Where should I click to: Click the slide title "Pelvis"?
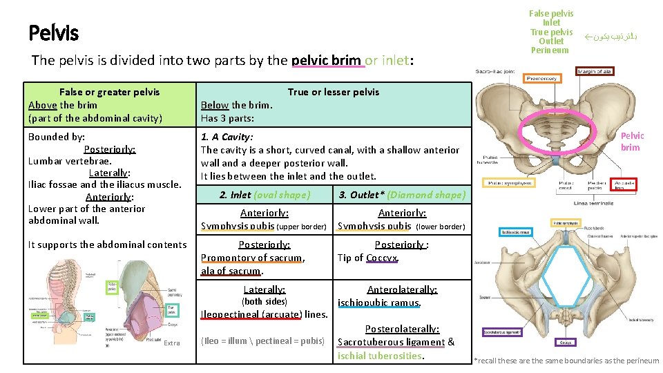(54, 32)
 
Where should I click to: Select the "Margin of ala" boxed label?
(595, 72)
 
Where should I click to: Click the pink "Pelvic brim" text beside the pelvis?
(631, 142)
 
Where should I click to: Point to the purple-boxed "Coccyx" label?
(565, 342)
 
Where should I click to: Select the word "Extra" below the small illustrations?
(172, 343)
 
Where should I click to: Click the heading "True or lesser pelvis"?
(333, 92)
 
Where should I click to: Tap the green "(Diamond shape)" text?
(426, 195)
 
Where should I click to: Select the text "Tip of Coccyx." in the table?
(368, 258)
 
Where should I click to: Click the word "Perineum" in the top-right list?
(550, 50)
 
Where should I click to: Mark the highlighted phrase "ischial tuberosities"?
(380, 356)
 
